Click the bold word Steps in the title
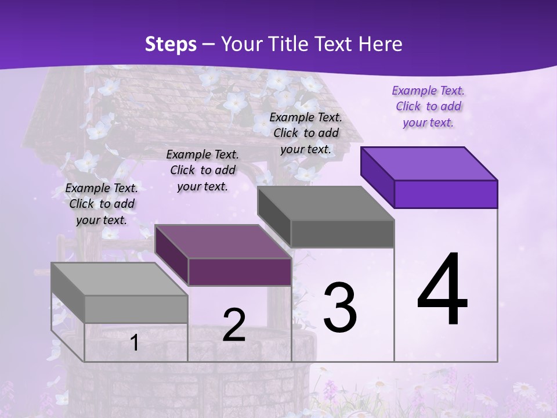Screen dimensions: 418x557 (x=171, y=44)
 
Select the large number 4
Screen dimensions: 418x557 (x=442, y=290)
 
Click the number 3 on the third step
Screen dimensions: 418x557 (x=340, y=308)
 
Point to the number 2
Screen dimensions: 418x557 (x=234, y=325)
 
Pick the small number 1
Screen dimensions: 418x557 (x=135, y=343)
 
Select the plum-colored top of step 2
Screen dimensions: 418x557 (x=223, y=242)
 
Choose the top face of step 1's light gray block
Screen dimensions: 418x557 (x=120, y=279)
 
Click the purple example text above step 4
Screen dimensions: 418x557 (x=428, y=107)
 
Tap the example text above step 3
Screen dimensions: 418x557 (x=306, y=133)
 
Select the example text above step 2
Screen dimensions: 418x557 (x=202, y=170)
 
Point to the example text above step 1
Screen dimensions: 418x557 (x=102, y=204)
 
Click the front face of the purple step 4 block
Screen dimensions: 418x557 (x=446, y=194)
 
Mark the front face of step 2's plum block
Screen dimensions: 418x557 (x=240, y=272)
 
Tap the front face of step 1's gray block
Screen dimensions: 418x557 (x=136, y=309)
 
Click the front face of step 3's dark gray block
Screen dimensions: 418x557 (x=342, y=233)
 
